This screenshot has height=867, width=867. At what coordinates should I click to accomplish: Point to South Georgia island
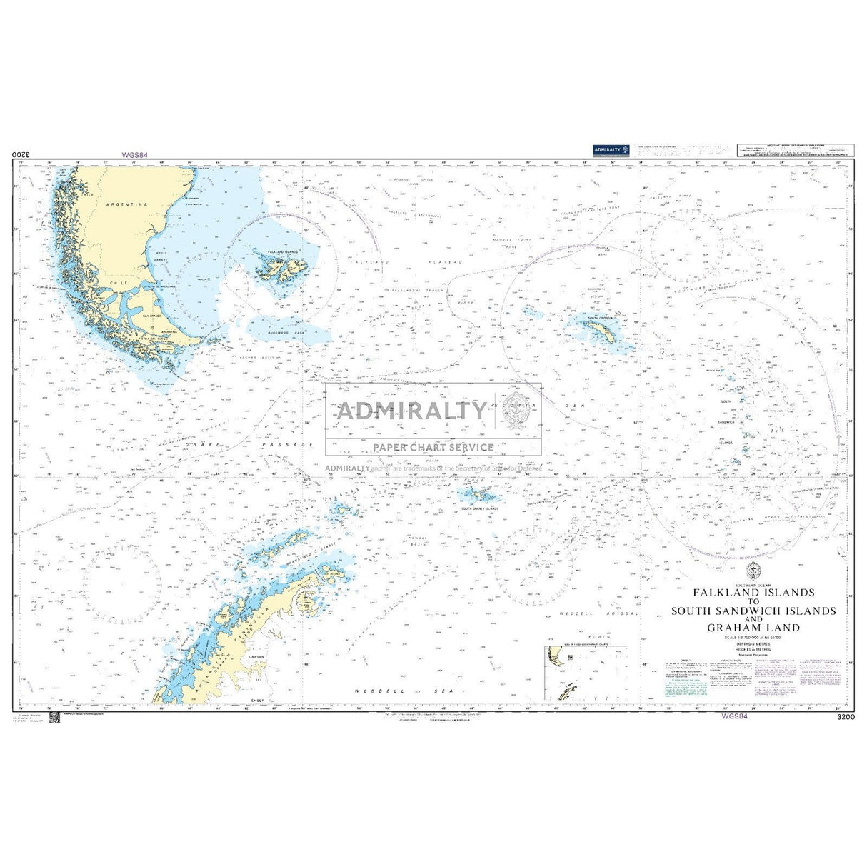point(606,330)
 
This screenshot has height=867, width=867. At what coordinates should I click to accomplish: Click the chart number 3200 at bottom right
point(844,716)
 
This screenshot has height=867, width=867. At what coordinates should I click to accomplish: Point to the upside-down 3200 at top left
point(21,154)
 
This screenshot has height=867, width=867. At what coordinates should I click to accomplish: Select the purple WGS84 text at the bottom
point(735,716)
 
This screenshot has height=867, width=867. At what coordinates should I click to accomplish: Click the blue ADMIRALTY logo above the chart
point(608,149)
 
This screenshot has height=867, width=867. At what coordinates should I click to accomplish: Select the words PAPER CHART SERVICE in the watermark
point(433,448)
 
